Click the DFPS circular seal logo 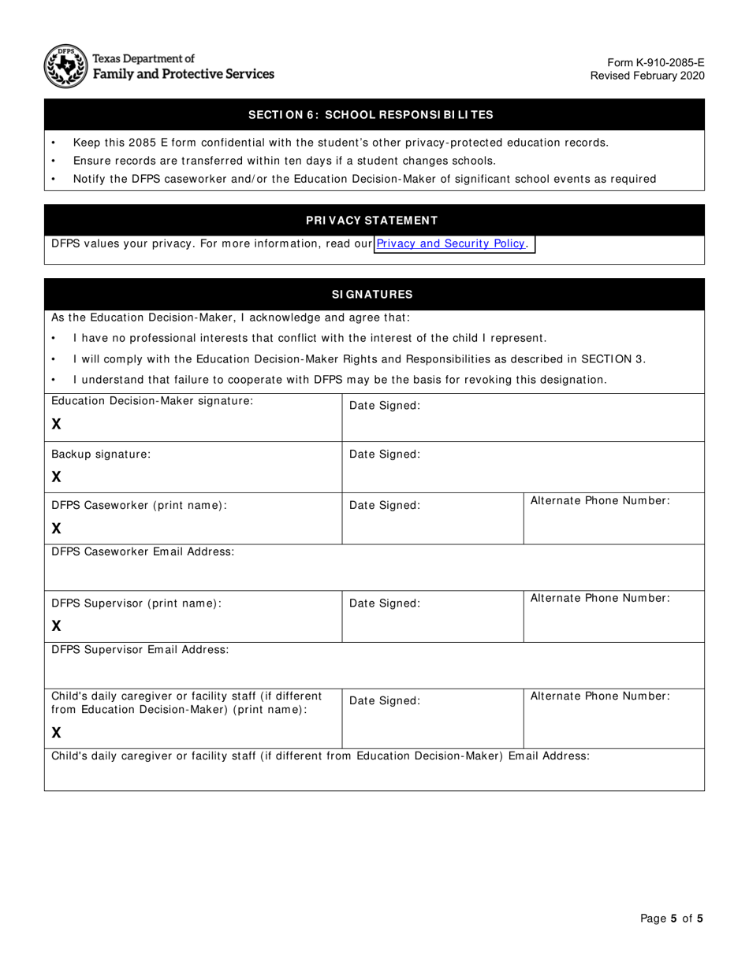click(65, 66)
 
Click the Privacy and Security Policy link click(451, 243)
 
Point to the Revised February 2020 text click(647, 76)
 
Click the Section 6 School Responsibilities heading click(371, 115)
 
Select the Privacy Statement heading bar click(372, 221)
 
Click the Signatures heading click(372, 295)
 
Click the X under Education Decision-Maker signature click(56, 424)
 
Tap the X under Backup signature click(56, 477)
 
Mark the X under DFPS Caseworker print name click(56, 528)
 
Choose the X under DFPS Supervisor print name click(56, 626)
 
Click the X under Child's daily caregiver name click(56, 733)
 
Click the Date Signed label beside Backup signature click(385, 455)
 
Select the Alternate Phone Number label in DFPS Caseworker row click(600, 500)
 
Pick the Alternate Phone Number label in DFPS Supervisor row click(600, 598)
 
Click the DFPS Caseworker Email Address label click(143, 551)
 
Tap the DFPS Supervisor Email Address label click(140, 650)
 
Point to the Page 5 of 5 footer click(671, 918)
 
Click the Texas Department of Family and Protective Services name click(183, 66)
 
